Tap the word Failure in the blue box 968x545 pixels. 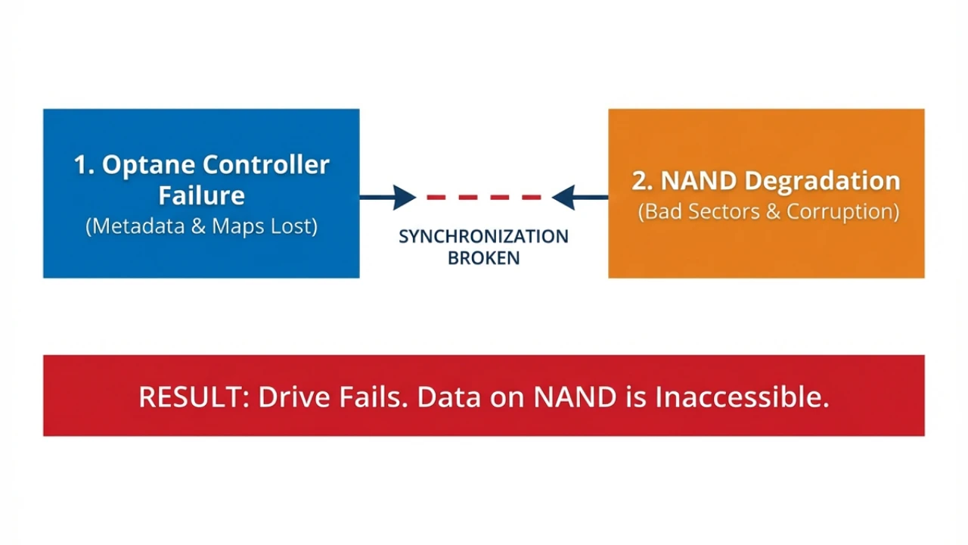pos(201,195)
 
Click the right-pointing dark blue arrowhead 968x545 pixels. pos(405,198)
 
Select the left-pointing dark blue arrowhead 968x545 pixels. pos(563,198)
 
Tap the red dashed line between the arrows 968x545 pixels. pos(484,198)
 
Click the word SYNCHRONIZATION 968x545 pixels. pos(483,236)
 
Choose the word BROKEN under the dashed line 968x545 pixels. pos(483,258)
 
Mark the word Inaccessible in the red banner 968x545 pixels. pos(742,397)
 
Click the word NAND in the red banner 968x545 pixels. pos(575,397)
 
